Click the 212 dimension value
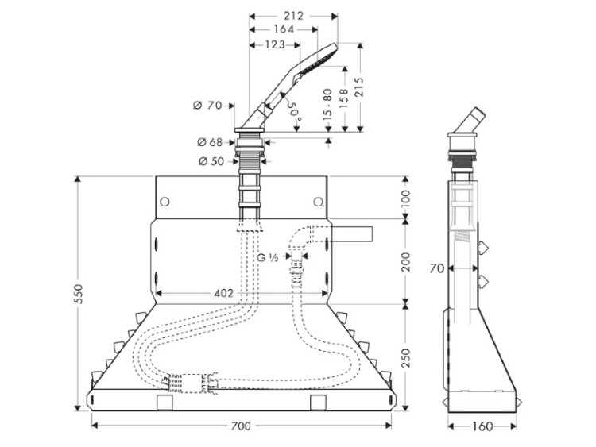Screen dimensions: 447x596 point(293,14)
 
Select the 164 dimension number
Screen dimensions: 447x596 point(284,29)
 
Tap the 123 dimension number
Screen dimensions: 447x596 point(271,44)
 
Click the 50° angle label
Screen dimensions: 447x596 point(294,109)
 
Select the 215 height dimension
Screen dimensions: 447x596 point(363,87)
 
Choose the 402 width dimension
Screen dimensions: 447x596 point(224,293)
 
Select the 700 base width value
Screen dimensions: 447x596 point(241,426)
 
